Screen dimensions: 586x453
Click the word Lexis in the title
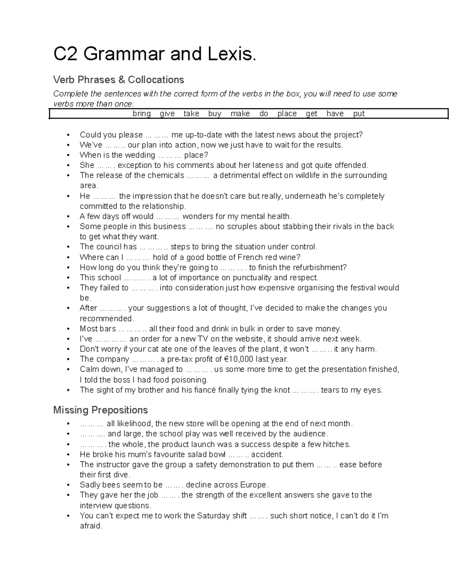231,54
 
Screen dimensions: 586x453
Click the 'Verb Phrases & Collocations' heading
119,80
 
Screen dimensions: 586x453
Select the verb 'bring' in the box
142,114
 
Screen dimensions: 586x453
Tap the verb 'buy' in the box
214,114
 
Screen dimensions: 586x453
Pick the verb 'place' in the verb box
287,114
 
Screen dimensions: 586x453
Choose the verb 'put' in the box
359,114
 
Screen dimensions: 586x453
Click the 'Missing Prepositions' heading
100,410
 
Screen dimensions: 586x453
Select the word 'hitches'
338,444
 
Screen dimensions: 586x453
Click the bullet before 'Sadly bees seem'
68,485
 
